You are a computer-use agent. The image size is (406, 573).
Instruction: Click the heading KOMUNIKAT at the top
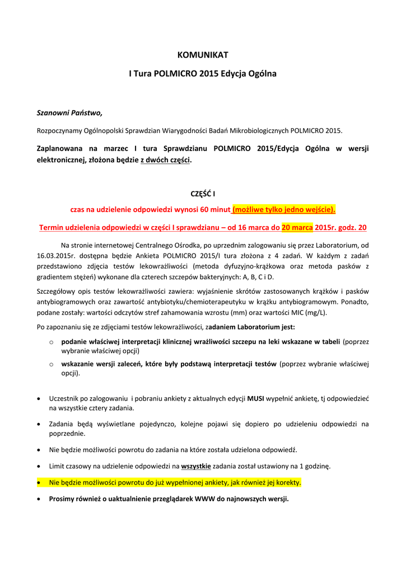click(203, 55)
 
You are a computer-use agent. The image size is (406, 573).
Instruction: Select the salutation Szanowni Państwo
click(69, 112)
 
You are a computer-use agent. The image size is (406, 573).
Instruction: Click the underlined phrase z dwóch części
click(165, 159)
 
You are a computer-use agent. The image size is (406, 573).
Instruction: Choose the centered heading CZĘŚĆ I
click(203, 194)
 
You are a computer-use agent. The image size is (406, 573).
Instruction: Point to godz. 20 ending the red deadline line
click(353, 228)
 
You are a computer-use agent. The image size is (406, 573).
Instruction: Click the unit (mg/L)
click(315, 312)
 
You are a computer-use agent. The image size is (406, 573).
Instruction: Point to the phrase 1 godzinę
click(315, 466)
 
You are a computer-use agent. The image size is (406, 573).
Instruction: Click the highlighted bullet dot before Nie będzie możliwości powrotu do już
click(38, 482)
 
